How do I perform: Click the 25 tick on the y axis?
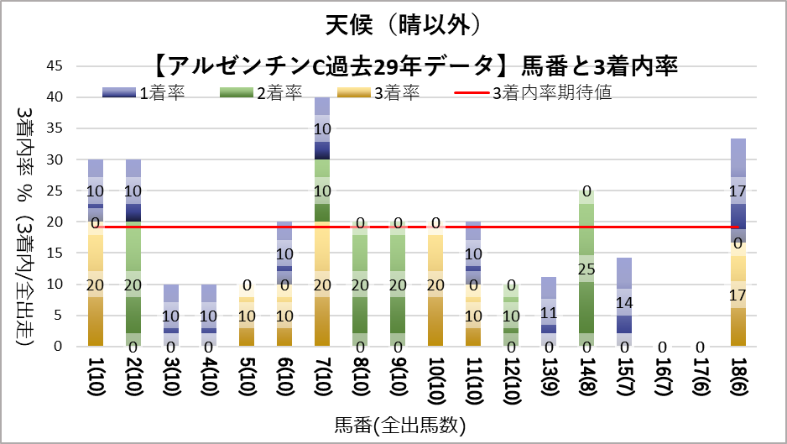tap(63, 191)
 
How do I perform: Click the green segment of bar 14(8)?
tap(586, 269)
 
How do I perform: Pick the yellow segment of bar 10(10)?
tap(435, 285)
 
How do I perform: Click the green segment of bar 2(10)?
tap(133, 285)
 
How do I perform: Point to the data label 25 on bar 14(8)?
tap(586, 269)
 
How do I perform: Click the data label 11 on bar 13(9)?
tap(549, 312)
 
